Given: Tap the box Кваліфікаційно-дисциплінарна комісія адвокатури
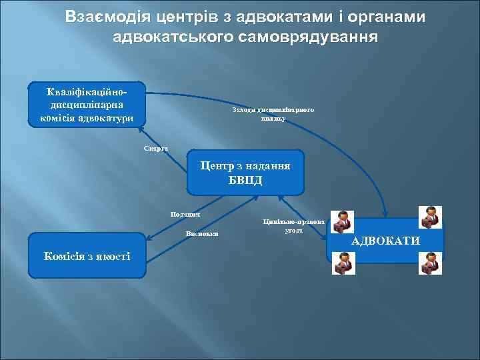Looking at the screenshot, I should [x=87, y=105].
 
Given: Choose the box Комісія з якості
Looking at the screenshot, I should [x=87, y=255].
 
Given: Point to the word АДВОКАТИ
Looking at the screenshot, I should [x=385, y=241].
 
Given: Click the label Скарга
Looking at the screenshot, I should [x=156, y=147].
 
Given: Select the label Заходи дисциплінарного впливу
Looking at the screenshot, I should [x=273, y=114].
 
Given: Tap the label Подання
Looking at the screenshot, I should [x=185, y=213].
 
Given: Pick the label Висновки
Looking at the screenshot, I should [x=202, y=234].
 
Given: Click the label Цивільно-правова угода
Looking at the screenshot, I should [x=294, y=225].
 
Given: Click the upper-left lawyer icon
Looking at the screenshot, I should [x=344, y=221].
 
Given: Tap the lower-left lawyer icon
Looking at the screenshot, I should [x=344, y=263].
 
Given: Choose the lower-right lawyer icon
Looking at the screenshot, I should [x=430, y=263].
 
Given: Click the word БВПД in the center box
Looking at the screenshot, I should [x=245, y=180].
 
